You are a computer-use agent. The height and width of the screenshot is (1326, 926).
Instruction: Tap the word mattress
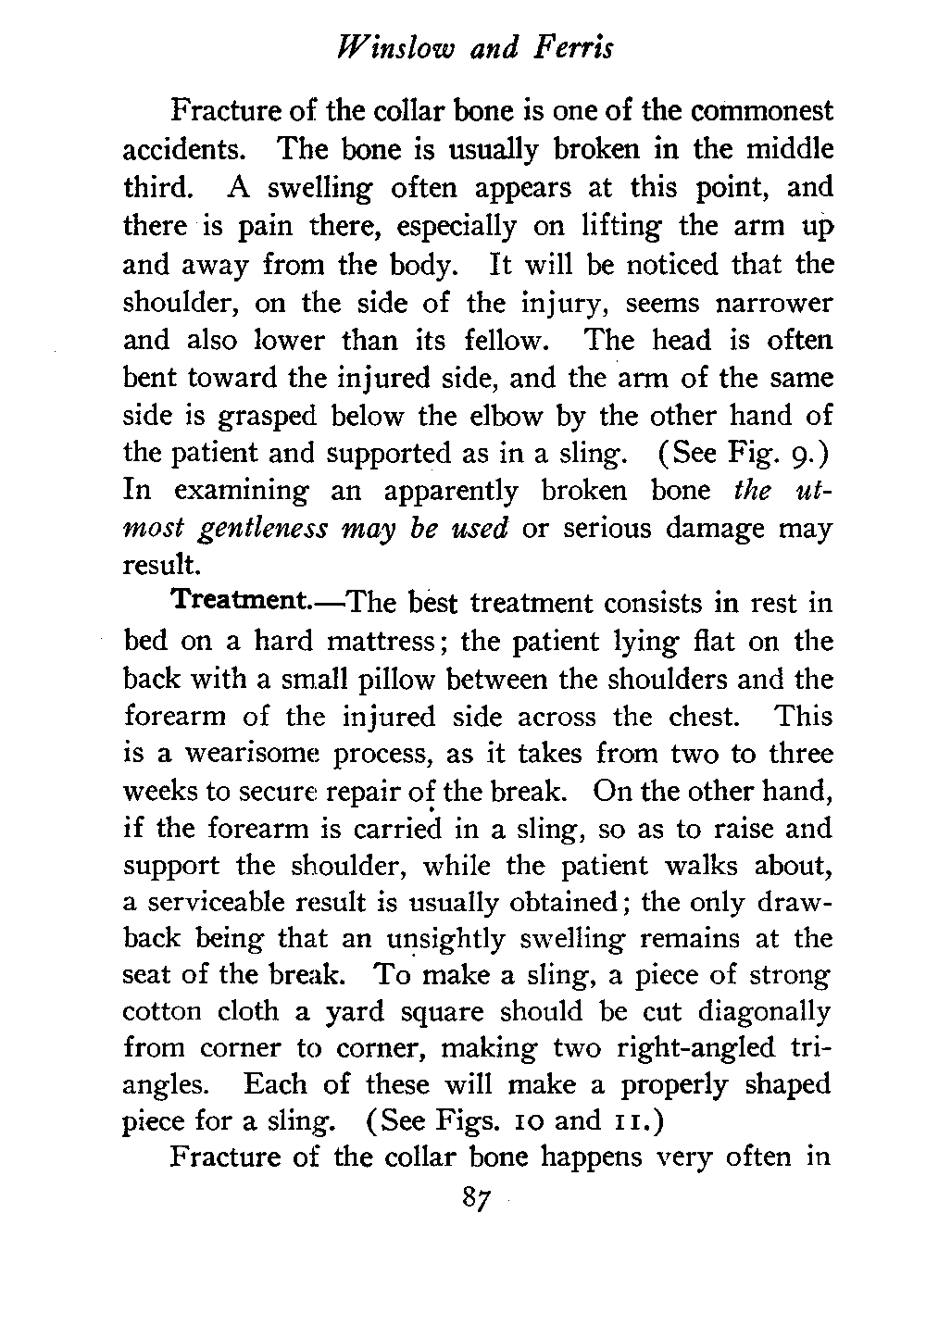382,641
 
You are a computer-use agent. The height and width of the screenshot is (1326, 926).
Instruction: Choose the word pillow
355,679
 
